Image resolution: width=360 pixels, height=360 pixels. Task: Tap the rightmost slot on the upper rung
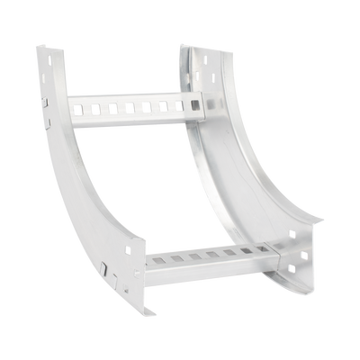click(177, 104)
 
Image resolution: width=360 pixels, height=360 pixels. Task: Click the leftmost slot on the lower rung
click(158, 261)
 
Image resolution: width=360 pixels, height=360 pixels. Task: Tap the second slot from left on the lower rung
click(177, 259)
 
